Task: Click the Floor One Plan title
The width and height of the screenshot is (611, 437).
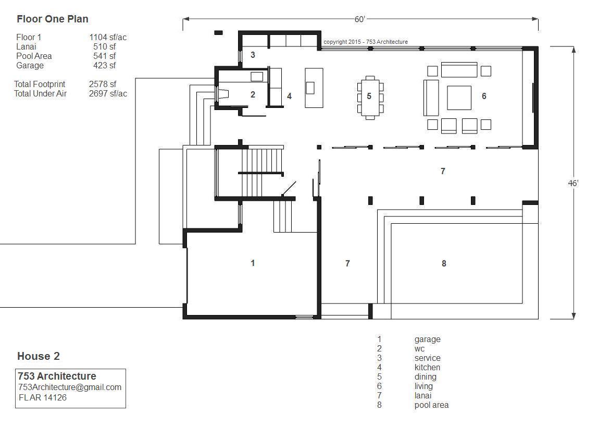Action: pyautogui.click(x=53, y=19)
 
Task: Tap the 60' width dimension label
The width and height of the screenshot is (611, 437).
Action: pyautogui.click(x=359, y=19)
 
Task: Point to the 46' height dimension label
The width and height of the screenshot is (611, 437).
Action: pyautogui.click(x=573, y=183)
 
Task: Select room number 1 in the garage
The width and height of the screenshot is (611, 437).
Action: pyautogui.click(x=253, y=263)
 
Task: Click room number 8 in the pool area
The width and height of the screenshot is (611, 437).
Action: pyautogui.click(x=444, y=264)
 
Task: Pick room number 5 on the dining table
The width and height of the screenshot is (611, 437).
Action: pyautogui.click(x=369, y=96)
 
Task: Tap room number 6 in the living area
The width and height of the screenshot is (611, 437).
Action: pyautogui.click(x=484, y=96)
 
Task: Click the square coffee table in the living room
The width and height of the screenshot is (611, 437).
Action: pyautogui.click(x=459, y=98)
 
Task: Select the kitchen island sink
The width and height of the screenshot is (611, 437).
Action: pyautogui.click(x=310, y=88)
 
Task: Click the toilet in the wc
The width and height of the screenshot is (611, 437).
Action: pyautogui.click(x=223, y=94)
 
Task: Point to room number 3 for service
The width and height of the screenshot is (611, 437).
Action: pyautogui.click(x=253, y=55)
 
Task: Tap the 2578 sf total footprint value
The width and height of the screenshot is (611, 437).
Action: pyautogui.click(x=103, y=84)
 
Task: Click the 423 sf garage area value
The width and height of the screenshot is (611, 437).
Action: pyautogui.click(x=104, y=66)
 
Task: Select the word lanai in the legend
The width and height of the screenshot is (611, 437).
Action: pyautogui.click(x=423, y=396)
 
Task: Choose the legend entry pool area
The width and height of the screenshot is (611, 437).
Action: pyautogui.click(x=431, y=405)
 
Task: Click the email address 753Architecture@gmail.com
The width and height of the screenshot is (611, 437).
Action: pyautogui.click(x=70, y=387)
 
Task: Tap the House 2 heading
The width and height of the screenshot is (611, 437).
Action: pyautogui.click(x=39, y=356)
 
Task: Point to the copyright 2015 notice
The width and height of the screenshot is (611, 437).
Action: pyautogui.click(x=366, y=42)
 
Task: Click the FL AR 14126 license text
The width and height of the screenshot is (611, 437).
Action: pyautogui.click(x=43, y=397)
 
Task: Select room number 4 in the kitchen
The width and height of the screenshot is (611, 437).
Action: pyautogui.click(x=289, y=96)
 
